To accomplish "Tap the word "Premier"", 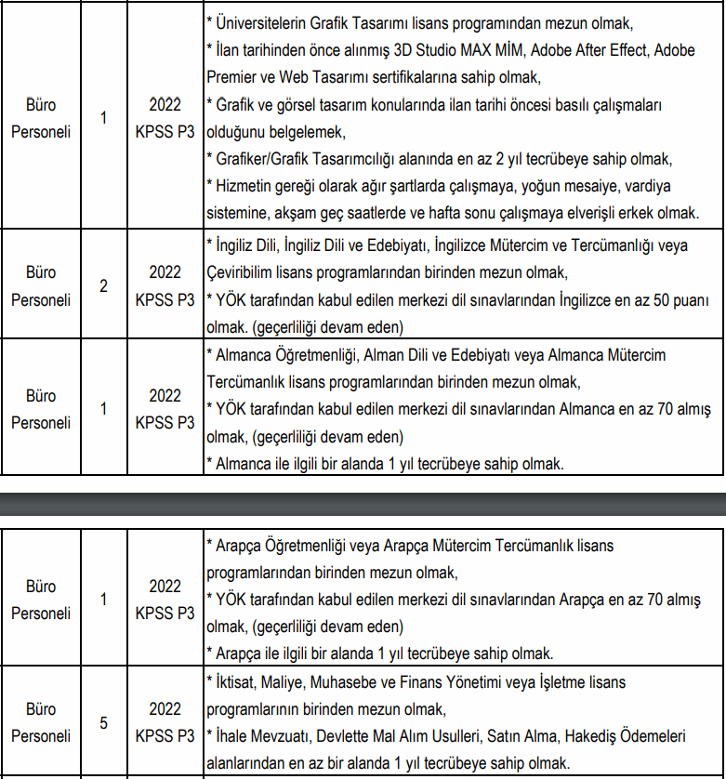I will (231, 77).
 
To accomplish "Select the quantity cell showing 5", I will (104, 722).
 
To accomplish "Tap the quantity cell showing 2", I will (104, 286).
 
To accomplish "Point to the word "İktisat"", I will (237, 682).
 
